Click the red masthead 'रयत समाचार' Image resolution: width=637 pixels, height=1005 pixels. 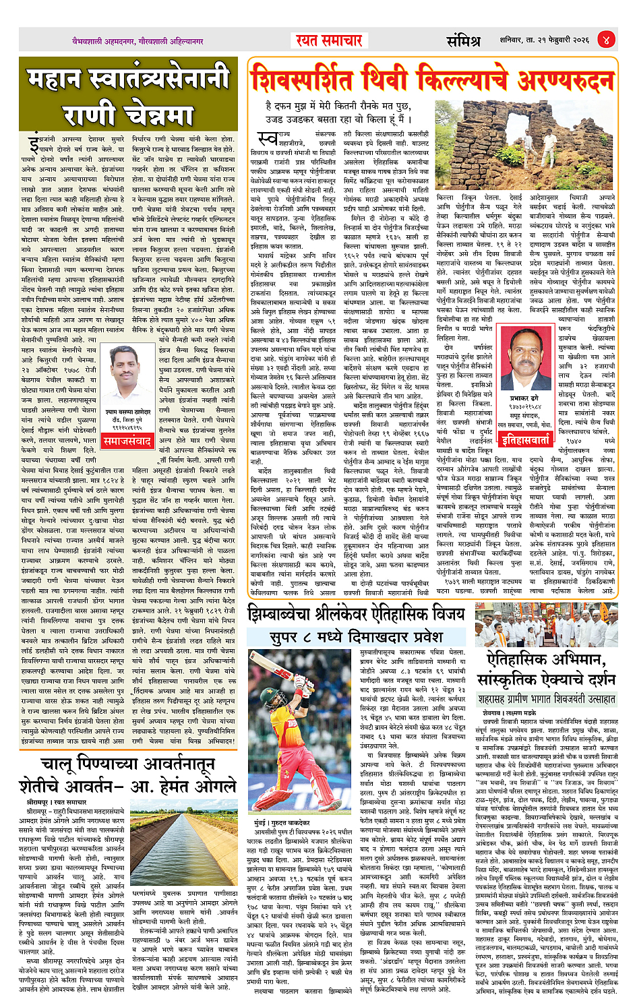(329, 40)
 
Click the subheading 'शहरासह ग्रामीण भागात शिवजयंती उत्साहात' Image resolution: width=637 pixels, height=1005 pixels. (546, 699)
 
